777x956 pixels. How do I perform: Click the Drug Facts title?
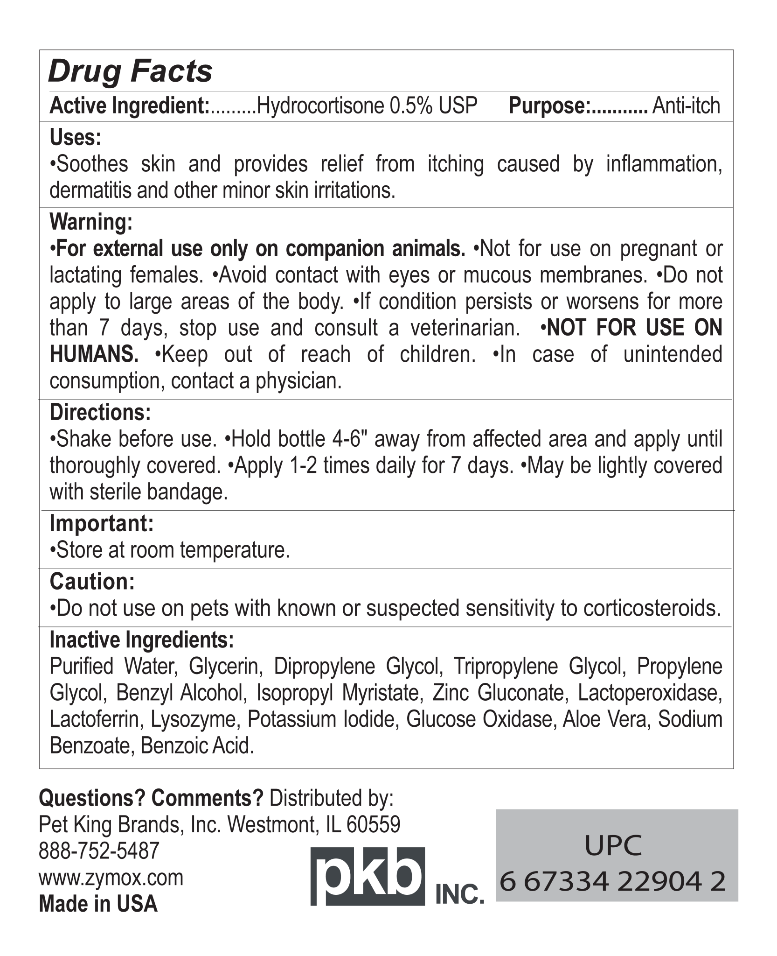click(131, 72)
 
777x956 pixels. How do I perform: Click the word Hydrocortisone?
click(320, 106)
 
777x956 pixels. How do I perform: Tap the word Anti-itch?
click(686, 106)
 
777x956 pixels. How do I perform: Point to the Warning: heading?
click(91, 222)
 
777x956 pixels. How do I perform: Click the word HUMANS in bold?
click(94, 354)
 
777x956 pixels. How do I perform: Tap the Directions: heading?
click(100, 412)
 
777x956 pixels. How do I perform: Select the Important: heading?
click(102, 523)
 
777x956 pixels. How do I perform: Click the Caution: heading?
click(92, 582)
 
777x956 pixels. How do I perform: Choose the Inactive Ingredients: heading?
click(142, 640)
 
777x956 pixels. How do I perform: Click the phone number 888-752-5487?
click(99, 851)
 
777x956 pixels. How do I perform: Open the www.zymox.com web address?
click(111, 878)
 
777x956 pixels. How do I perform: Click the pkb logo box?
click(368, 876)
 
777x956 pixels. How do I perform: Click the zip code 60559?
click(373, 825)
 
